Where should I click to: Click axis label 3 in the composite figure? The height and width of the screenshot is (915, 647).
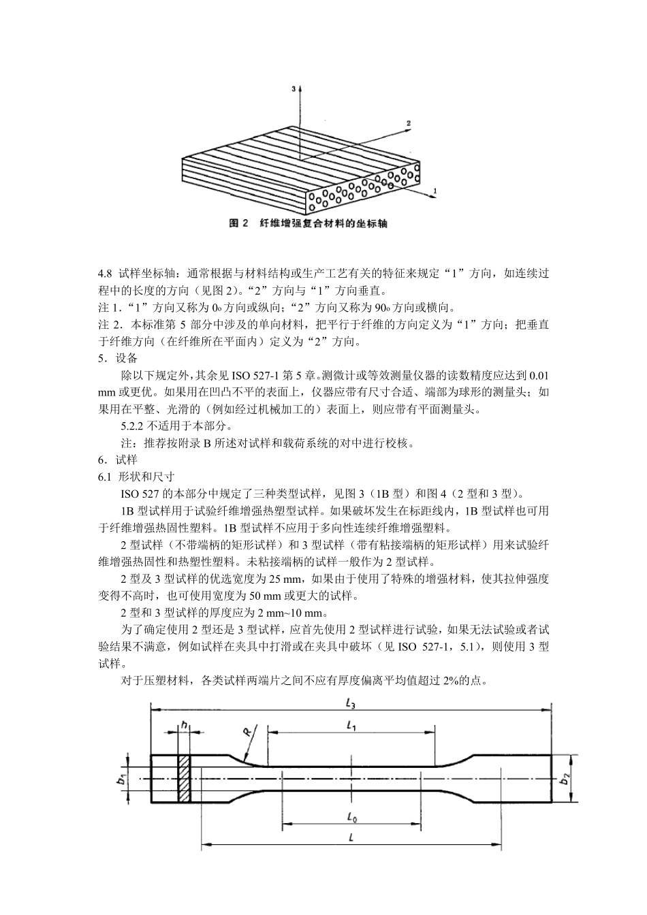(294, 89)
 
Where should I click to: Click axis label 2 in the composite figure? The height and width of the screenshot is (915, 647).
(409, 123)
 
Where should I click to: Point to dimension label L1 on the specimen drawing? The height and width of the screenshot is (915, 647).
(351, 726)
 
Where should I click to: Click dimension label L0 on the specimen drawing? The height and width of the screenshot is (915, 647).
(351, 816)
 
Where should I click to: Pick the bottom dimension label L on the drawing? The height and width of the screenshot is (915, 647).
(350, 838)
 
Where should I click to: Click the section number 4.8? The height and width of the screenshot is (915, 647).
(105, 274)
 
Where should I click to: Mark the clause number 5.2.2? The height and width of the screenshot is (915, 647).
(133, 426)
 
